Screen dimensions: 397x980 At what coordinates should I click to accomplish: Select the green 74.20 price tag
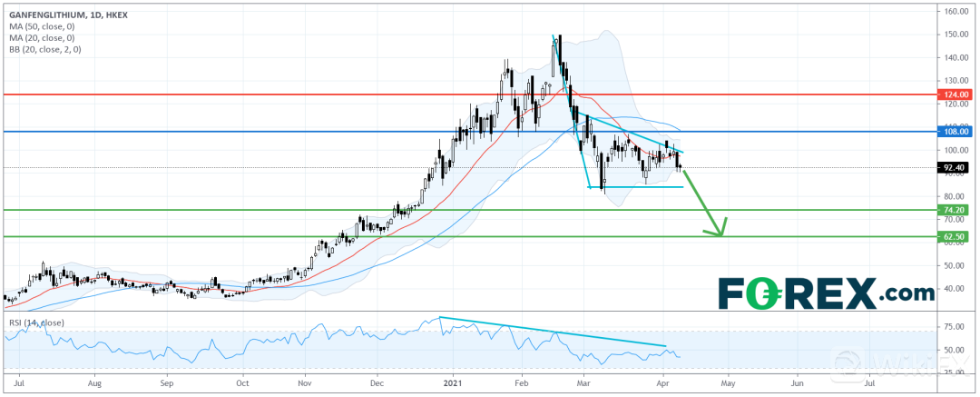click(x=953, y=210)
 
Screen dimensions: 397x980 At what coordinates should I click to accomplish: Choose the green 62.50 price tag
click(x=953, y=237)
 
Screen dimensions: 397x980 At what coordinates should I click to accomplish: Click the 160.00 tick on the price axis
click(x=953, y=12)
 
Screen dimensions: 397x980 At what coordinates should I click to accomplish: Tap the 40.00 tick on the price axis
click(x=951, y=289)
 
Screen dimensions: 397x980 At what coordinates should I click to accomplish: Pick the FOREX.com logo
click(x=826, y=293)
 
